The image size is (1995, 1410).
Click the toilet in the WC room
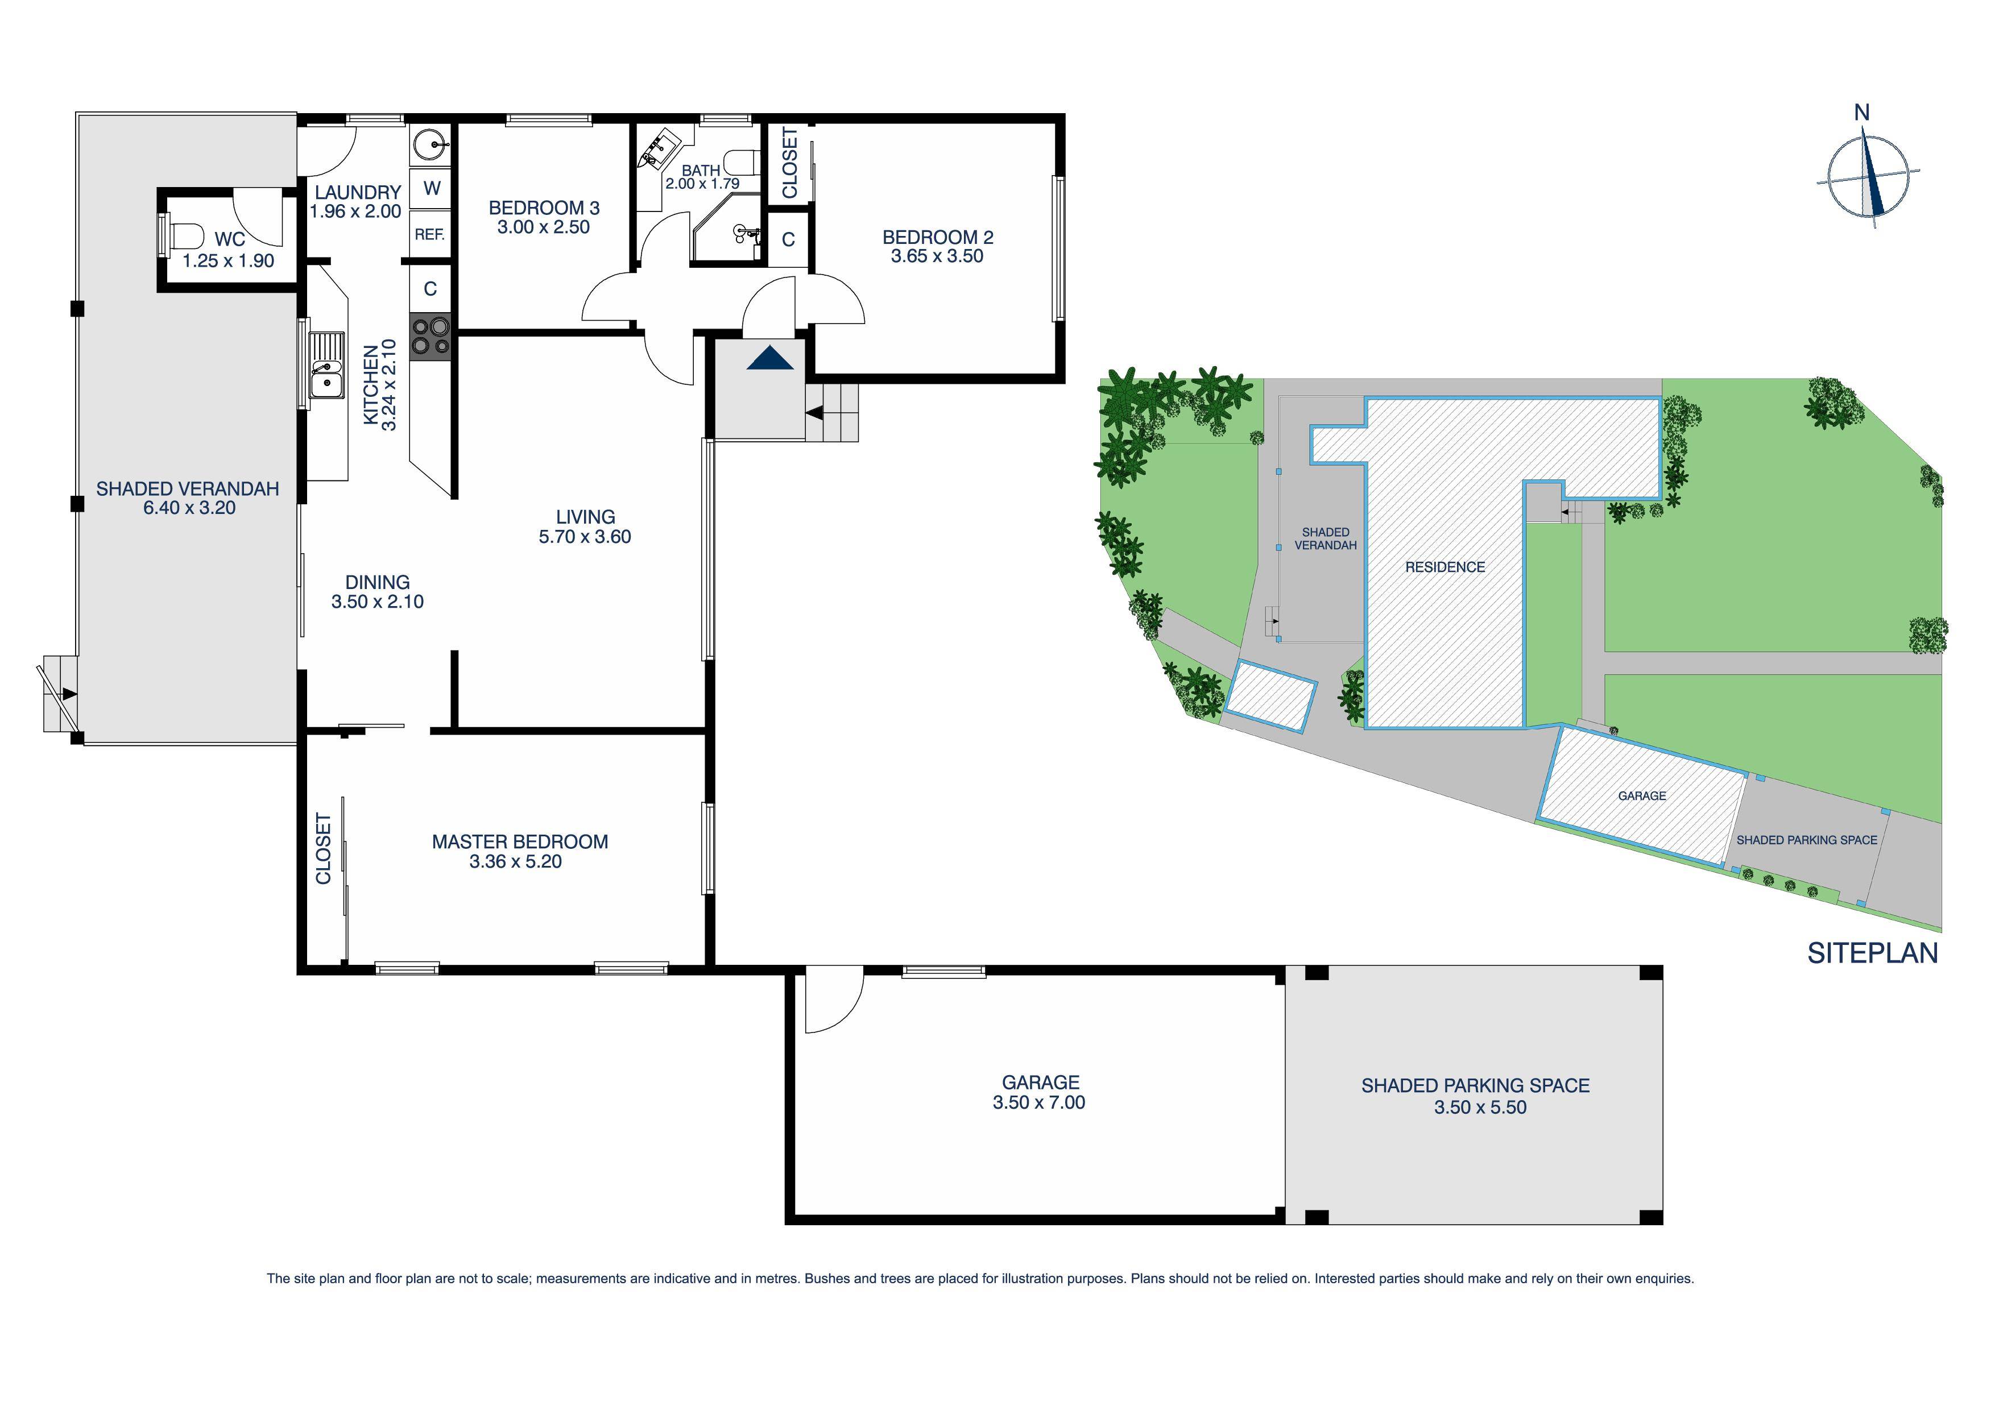click(184, 235)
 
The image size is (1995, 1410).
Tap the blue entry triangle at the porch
click(770, 358)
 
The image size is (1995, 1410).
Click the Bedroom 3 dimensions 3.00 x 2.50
click(543, 227)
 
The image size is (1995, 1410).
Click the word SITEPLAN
click(1872, 953)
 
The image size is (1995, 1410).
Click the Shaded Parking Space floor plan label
click(1475, 1085)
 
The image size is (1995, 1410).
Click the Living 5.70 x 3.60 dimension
click(585, 537)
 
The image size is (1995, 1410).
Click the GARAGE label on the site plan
click(1641, 796)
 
